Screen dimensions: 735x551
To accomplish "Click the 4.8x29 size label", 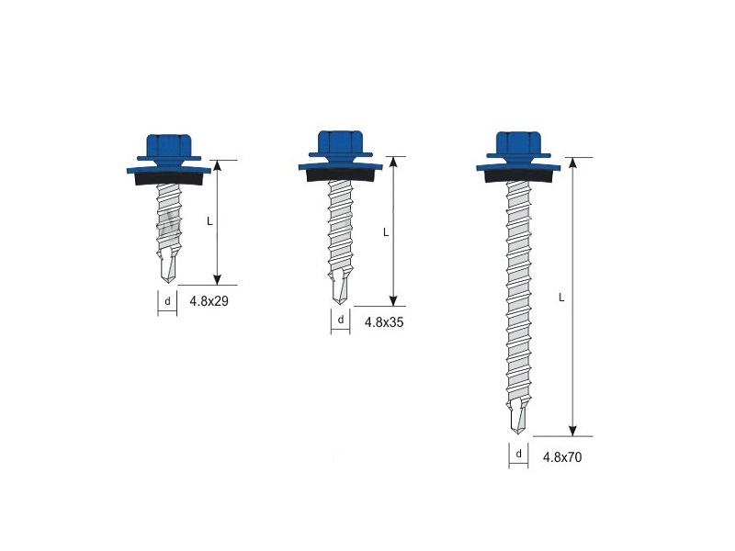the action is click(x=209, y=301).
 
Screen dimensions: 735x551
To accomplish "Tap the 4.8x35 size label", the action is click(x=384, y=322).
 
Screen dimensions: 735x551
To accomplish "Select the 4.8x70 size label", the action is click(x=562, y=456).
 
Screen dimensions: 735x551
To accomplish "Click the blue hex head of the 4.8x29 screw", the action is click(x=169, y=147).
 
